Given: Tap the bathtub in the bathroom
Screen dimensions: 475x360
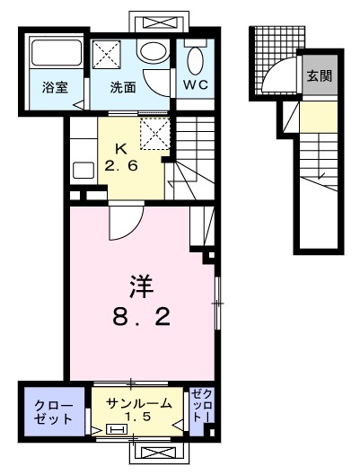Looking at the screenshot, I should click(53, 56).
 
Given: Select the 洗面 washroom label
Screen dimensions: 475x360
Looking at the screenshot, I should click(123, 87).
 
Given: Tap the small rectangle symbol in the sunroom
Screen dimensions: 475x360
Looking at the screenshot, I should click(117, 430).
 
